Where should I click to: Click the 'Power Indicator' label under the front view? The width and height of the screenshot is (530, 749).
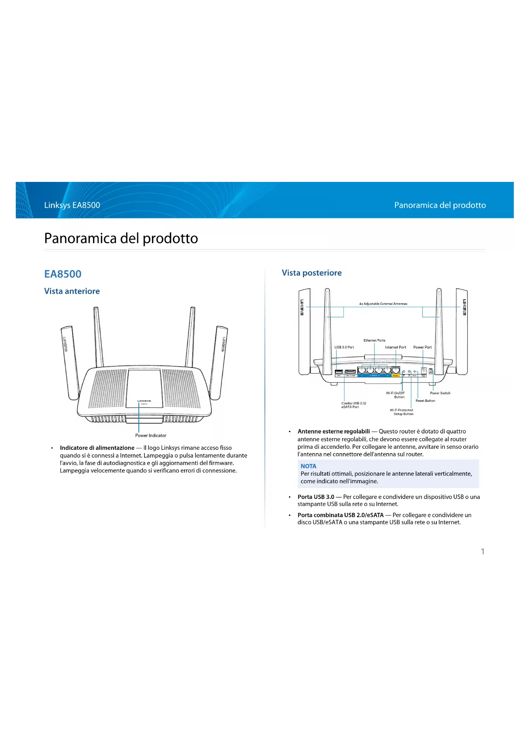[151, 436]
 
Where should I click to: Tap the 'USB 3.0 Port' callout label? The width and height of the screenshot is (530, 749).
[344, 347]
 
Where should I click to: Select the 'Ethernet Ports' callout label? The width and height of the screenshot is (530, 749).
[375, 340]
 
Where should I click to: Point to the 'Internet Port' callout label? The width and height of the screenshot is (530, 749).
[395, 347]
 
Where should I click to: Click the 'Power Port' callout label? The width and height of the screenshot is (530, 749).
[422, 347]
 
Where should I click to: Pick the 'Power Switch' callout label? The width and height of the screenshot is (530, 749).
[440, 393]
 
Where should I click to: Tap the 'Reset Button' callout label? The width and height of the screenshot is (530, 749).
[425, 401]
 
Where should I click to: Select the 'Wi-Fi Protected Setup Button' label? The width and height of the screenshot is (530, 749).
[402, 412]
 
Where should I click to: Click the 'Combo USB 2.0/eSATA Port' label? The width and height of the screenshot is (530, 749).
[353, 405]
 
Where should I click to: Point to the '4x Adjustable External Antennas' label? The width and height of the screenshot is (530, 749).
[383, 304]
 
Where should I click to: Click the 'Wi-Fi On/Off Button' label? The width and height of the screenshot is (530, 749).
[395, 395]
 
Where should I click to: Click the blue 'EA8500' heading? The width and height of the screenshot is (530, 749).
[63, 274]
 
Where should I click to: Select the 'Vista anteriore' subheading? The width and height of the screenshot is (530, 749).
[72, 291]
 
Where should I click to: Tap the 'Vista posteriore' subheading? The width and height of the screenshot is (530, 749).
[312, 273]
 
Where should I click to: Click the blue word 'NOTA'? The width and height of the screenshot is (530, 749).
[308, 466]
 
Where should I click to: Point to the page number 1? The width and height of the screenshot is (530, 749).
[483, 551]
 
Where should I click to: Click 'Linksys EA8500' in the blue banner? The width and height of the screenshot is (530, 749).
[72, 205]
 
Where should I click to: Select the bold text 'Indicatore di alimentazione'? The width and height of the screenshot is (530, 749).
[97, 448]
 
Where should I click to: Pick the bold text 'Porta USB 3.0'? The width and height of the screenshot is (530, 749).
[316, 497]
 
